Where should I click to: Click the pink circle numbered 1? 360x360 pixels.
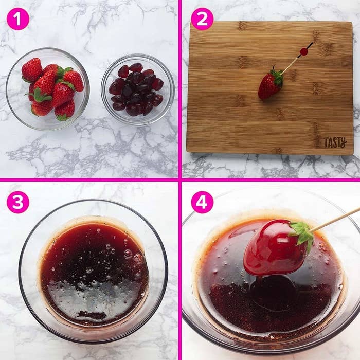(18, 19)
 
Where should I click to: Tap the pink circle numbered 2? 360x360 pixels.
(202, 19)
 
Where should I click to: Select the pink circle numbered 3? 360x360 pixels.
(18, 202)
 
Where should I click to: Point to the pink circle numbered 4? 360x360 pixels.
(202, 202)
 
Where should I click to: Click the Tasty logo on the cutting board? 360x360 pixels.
(335, 142)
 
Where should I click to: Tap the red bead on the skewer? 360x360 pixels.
(304, 51)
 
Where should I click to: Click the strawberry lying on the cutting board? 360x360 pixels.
(270, 83)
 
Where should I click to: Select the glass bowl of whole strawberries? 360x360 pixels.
(47, 89)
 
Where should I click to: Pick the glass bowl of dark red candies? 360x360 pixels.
(138, 90)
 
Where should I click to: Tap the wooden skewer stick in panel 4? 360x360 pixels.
(334, 219)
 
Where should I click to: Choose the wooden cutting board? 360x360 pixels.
(269, 88)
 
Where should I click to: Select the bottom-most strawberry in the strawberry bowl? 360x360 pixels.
(65, 111)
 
